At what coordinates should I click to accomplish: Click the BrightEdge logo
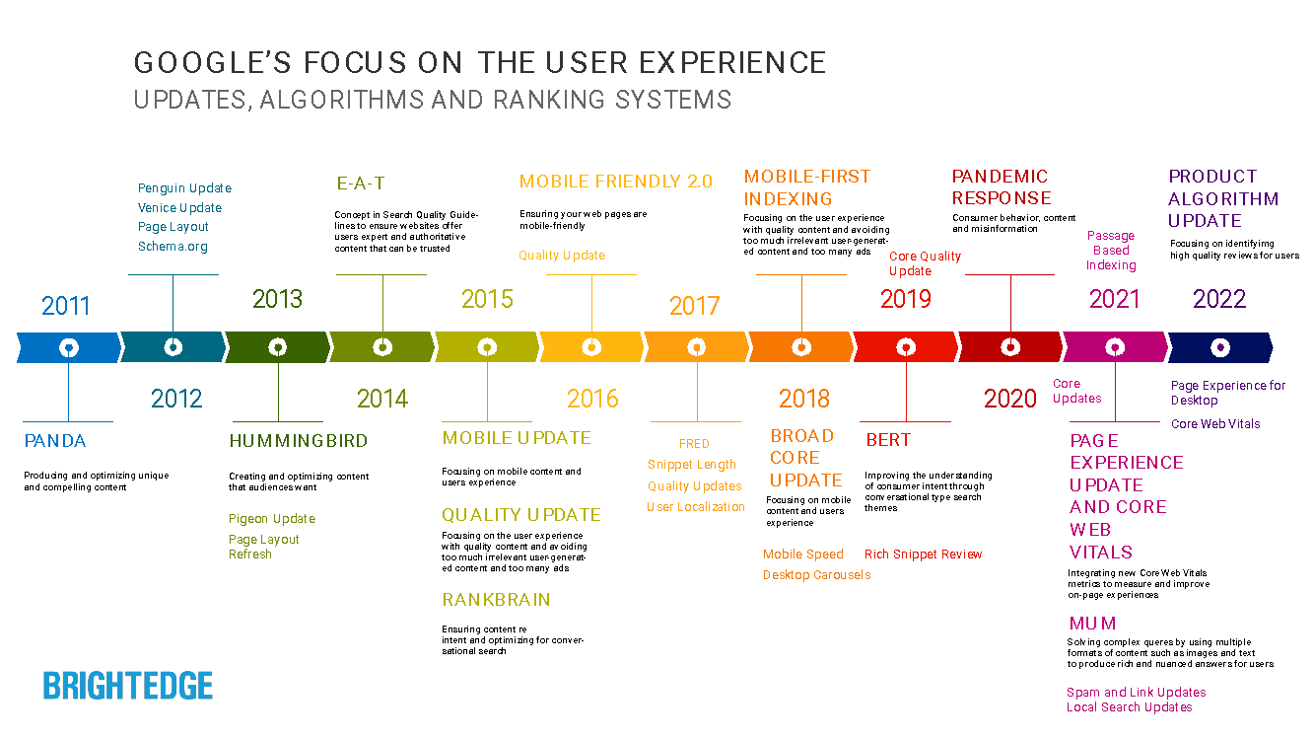point(128,686)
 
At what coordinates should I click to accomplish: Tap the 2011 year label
point(66,306)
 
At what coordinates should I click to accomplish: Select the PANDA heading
point(55,441)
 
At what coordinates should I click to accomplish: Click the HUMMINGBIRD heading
point(299,441)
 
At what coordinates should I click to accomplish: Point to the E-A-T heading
point(361,183)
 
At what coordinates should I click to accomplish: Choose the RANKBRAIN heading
point(496,600)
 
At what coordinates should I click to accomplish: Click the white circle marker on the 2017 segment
point(696,347)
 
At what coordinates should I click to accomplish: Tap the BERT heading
point(888,440)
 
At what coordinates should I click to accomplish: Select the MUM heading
point(1093,624)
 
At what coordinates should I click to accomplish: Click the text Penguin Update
point(184,188)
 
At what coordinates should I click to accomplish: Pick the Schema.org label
point(173,247)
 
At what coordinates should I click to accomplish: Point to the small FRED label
point(694,444)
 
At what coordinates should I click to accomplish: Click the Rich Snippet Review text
point(923,555)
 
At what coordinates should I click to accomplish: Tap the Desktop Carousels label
point(816,575)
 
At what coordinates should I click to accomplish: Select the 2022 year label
point(1219,299)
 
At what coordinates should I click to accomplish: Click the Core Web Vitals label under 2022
point(1215,424)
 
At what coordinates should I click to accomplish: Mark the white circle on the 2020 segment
point(1010,347)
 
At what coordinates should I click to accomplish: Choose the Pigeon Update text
point(272,519)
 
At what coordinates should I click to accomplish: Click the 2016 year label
point(592,399)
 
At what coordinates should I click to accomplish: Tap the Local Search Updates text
point(1129,707)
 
